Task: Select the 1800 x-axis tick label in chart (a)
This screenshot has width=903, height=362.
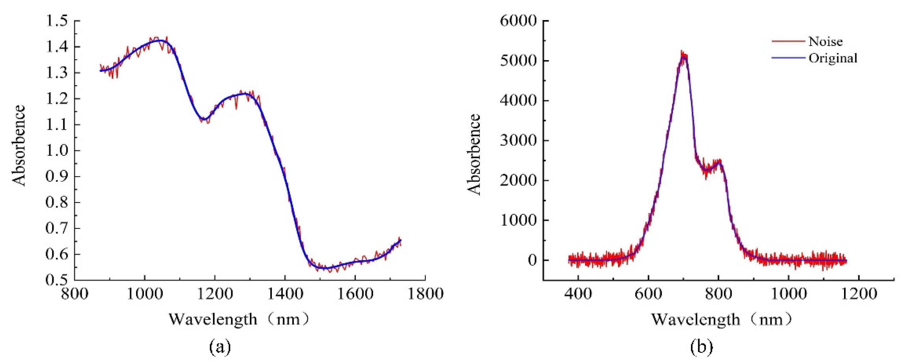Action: point(425,294)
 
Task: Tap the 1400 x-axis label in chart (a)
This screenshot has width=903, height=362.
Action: point(285,294)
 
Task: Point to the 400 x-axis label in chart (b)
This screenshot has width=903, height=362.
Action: point(578,294)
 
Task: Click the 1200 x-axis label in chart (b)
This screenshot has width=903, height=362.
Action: point(858,294)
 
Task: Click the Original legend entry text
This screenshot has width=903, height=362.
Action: point(833,58)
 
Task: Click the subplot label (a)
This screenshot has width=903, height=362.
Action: point(220,348)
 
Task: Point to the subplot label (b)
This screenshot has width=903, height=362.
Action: point(701,348)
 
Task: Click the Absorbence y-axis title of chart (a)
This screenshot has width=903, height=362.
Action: point(19,145)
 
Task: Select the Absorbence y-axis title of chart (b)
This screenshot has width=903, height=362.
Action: point(474,154)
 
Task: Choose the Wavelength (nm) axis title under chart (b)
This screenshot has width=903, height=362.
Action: point(722,319)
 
